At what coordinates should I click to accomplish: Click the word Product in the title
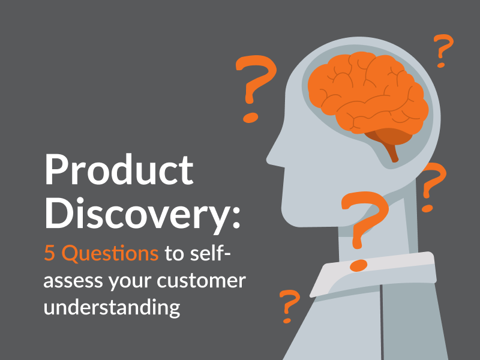pyautogui.click(x=119, y=169)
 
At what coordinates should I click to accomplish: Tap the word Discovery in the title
pyautogui.click(x=139, y=214)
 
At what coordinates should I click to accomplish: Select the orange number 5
pyautogui.click(x=49, y=253)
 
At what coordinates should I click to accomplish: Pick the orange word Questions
pyautogui.click(x=110, y=253)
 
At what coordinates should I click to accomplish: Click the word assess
pyautogui.click(x=73, y=281)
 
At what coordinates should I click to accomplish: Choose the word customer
pyautogui.click(x=201, y=280)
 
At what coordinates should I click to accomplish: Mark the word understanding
pyautogui.click(x=112, y=307)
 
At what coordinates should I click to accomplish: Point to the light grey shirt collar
pyautogui.click(x=373, y=274)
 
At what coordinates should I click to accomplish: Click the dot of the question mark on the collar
pyautogui.click(x=358, y=265)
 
